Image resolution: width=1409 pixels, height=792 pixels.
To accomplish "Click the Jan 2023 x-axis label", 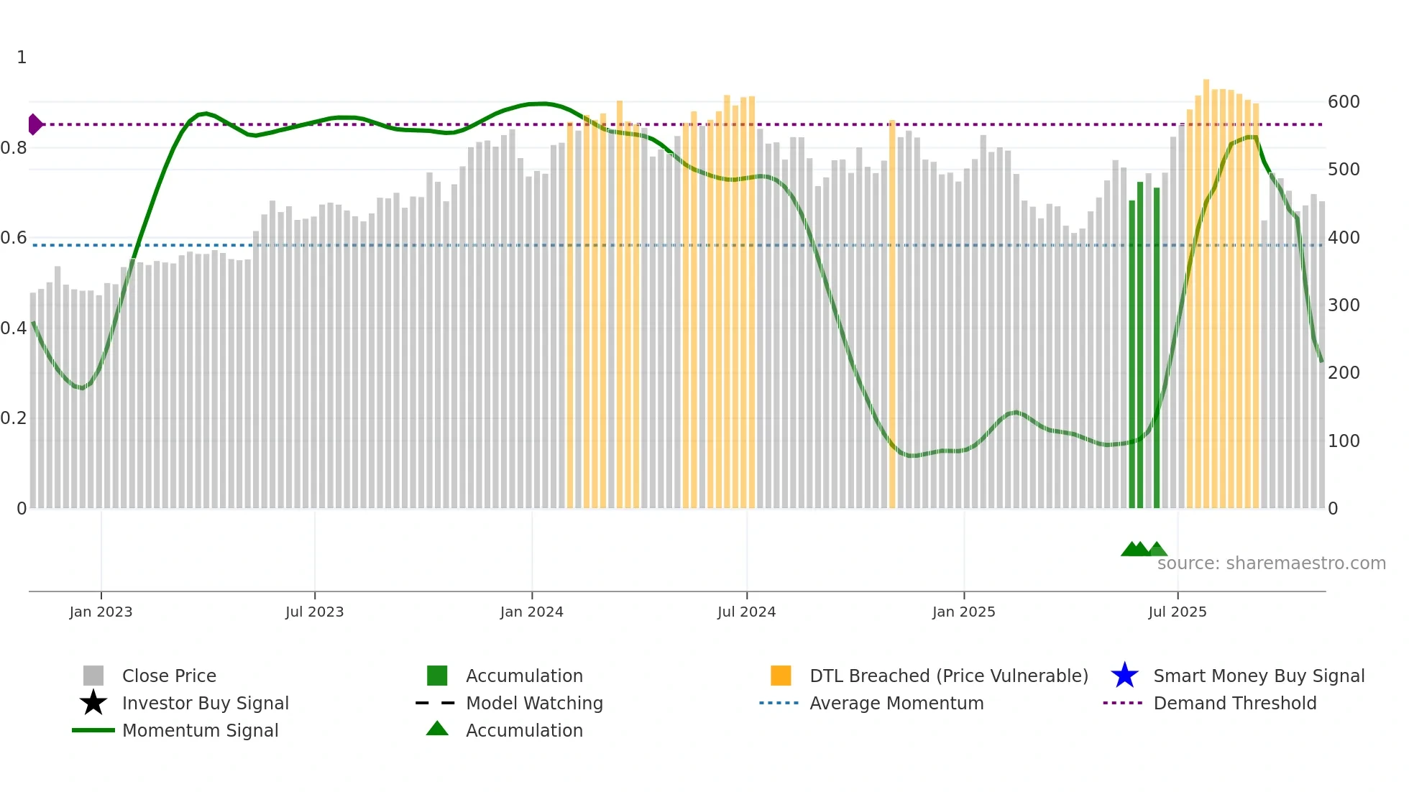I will [x=101, y=612].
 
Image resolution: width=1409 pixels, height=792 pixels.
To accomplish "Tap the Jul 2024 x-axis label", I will [x=746, y=612].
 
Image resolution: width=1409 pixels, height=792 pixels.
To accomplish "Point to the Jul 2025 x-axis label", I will [x=1177, y=612].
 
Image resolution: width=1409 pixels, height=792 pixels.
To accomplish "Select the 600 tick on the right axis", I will [x=1344, y=102].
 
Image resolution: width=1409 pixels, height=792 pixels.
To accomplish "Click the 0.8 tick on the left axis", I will [x=14, y=148].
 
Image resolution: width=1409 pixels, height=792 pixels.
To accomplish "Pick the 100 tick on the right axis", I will [x=1344, y=441].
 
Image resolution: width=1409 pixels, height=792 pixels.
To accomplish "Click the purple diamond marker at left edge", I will [x=35, y=124].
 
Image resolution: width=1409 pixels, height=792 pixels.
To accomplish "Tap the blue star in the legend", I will [x=1124, y=676].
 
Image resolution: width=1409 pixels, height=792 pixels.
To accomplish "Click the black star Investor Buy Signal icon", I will [x=93, y=703].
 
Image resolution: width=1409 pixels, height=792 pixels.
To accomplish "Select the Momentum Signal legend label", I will [x=200, y=730].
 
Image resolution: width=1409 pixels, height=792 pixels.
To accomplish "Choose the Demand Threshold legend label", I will [x=1234, y=703].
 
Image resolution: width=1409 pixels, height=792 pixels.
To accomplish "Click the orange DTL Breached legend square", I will [x=781, y=676].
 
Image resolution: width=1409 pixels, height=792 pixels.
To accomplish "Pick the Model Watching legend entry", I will [x=534, y=703].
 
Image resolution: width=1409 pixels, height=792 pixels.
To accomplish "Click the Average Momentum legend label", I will [x=896, y=703].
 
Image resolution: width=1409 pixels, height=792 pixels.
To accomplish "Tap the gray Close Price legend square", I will [x=93, y=676].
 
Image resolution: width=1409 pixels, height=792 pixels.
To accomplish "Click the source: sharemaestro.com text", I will [x=1271, y=563].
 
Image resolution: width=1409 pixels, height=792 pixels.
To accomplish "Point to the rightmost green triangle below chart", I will [x=1157, y=549].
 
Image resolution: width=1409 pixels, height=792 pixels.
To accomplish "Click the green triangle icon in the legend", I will [x=437, y=729].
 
